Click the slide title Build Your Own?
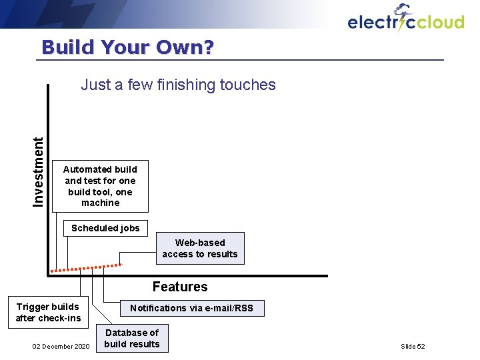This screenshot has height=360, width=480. tap(127, 47)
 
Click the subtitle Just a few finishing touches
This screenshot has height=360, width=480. tap(178, 85)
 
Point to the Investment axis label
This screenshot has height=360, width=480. tap(39, 171)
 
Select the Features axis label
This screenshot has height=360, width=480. tap(180, 287)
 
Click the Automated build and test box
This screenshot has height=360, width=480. tap(100, 186)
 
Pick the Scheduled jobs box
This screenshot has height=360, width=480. tap(105, 228)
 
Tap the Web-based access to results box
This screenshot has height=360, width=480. tap(200, 248)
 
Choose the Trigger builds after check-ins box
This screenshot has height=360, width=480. tap(48, 313)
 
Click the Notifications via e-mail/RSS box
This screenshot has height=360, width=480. tap(192, 308)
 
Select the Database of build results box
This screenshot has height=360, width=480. tap(132, 338)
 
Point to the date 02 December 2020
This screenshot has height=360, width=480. tap(61, 347)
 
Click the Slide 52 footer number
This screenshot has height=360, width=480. tap(413, 347)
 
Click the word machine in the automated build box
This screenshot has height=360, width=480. tap(100, 203)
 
